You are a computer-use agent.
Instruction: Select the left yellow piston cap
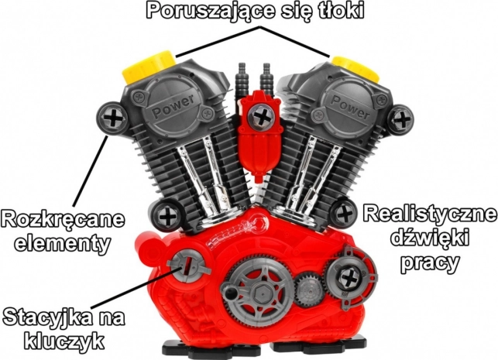click(148, 67)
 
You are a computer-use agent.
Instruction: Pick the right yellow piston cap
click(356, 67)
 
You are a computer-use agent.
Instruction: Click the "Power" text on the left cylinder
click(173, 106)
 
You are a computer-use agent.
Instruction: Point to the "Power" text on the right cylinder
click(350, 105)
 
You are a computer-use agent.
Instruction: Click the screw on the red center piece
click(261, 116)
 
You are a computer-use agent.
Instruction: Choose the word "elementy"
click(63, 244)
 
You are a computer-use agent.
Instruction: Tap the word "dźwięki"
click(430, 238)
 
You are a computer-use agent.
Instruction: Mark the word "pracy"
click(430, 263)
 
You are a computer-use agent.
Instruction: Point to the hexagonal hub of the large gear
click(260, 290)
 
